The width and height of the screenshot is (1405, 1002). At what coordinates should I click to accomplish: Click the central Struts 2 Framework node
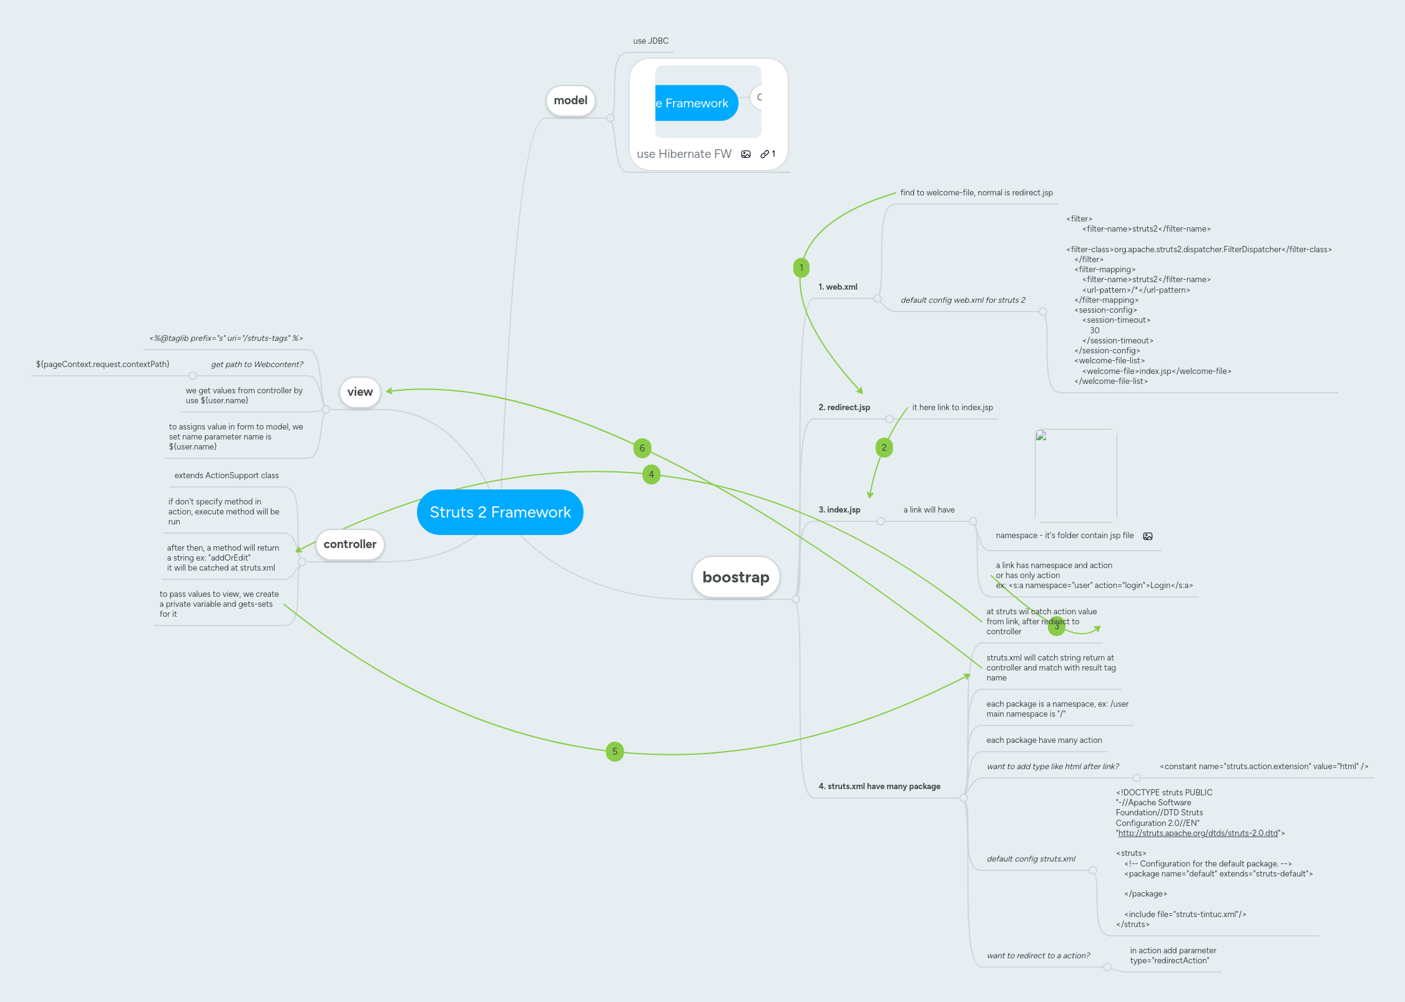pyautogui.click(x=500, y=512)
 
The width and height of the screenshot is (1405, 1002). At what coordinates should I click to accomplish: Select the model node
pyautogui.click(x=570, y=101)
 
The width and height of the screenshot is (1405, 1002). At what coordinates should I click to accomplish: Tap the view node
pyautogui.click(x=360, y=392)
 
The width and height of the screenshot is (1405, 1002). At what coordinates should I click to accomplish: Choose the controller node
pyautogui.click(x=350, y=544)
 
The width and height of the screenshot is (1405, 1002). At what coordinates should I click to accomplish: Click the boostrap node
pyautogui.click(x=736, y=577)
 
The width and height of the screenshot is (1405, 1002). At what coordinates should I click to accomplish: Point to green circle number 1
pyautogui.click(x=801, y=268)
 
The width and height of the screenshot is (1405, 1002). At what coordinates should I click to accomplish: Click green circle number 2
pyautogui.click(x=884, y=448)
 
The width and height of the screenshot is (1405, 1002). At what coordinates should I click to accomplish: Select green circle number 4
pyautogui.click(x=651, y=474)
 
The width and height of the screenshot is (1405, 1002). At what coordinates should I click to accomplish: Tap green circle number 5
pyautogui.click(x=615, y=752)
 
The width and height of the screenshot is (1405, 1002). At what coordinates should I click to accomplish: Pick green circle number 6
pyautogui.click(x=642, y=448)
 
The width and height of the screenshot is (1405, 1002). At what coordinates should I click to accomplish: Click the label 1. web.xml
pyautogui.click(x=838, y=287)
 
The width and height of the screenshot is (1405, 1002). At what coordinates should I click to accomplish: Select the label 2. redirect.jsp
pyautogui.click(x=844, y=408)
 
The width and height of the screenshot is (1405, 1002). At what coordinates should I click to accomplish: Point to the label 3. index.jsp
pyautogui.click(x=839, y=510)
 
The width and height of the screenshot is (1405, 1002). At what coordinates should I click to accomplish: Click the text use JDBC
pyautogui.click(x=650, y=41)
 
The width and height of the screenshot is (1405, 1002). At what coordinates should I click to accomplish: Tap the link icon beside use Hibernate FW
pyautogui.click(x=765, y=154)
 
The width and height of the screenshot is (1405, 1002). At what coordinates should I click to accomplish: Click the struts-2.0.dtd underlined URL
pyautogui.click(x=1198, y=833)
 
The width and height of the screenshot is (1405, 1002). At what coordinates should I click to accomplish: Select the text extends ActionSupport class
pyautogui.click(x=227, y=476)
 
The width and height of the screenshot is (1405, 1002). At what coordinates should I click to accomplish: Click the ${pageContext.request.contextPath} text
pyautogui.click(x=103, y=365)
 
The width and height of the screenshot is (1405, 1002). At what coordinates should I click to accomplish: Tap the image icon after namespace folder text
pyautogui.click(x=1148, y=536)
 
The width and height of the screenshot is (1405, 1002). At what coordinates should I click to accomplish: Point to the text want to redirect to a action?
pyautogui.click(x=1038, y=956)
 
